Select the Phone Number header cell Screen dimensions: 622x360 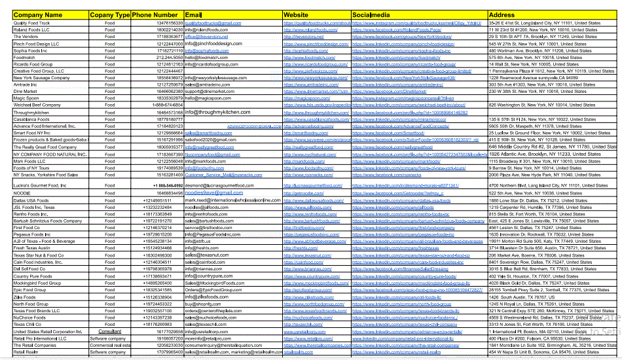[x=155, y=14]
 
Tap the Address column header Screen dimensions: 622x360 [x=502, y=14]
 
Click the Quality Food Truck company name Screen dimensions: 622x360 [x=31, y=23]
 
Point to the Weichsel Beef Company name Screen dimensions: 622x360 [x=37, y=105]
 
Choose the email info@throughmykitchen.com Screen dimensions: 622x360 [x=227, y=113]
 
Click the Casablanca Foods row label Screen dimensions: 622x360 [x=31, y=119]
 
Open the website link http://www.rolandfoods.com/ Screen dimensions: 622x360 [x=310, y=30]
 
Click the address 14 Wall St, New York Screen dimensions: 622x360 [x=534, y=65]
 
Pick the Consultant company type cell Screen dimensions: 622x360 [x=109, y=332]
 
